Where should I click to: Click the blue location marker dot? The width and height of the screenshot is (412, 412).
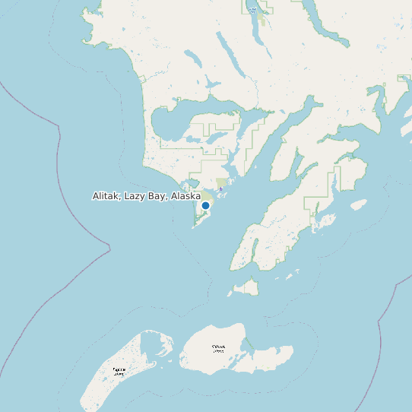205,205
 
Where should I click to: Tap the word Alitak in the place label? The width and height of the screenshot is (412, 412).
107,196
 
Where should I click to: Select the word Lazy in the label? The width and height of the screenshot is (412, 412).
135,196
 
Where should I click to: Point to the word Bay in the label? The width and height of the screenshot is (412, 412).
157,196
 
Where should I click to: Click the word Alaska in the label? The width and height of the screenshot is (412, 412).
185,196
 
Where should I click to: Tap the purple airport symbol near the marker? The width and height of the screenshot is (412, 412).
220,190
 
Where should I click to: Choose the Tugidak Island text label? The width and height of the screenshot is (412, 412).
119,372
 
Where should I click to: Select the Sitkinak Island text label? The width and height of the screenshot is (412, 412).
219,348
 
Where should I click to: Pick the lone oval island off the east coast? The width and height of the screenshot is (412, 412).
358,204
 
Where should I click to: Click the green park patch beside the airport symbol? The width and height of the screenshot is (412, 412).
221,182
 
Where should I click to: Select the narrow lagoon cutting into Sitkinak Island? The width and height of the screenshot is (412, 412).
246,346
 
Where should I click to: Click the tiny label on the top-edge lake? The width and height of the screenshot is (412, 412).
252,10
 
